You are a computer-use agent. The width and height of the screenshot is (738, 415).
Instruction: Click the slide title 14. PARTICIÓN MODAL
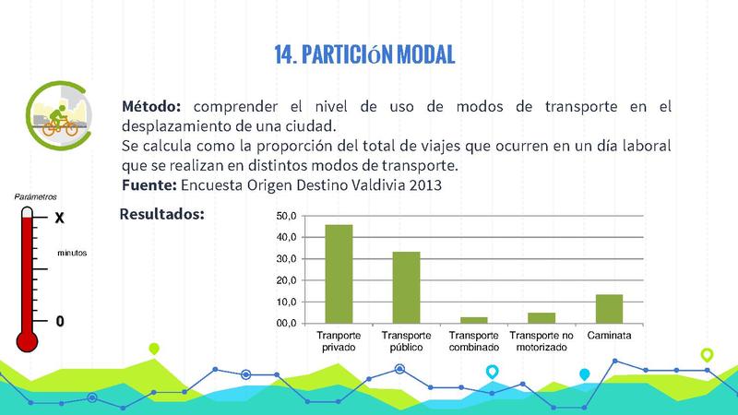pos(364,54)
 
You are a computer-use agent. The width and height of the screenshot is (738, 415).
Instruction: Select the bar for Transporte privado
pos(339,274)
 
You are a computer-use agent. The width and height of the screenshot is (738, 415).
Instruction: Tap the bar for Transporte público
pos(406,287)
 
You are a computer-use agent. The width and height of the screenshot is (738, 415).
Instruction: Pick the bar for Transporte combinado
pos(473,320)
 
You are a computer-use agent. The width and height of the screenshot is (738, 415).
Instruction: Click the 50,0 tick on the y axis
pos(286,216)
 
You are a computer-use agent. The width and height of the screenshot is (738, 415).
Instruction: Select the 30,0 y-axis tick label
pos(286,259)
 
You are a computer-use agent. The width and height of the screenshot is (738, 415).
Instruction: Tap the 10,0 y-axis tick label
pos(286,302)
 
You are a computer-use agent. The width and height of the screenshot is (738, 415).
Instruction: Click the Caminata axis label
pos(609,335)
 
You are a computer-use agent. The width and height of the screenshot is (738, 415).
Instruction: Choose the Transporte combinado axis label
pos(473,340)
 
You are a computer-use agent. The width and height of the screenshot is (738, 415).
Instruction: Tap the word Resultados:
pos(161,215)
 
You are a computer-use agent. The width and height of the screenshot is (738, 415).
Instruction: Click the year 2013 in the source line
pos(423,184)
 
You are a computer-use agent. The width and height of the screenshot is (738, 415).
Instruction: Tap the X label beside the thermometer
pos(59,219)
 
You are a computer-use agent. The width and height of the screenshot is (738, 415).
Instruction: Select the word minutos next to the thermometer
pos(72,251)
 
